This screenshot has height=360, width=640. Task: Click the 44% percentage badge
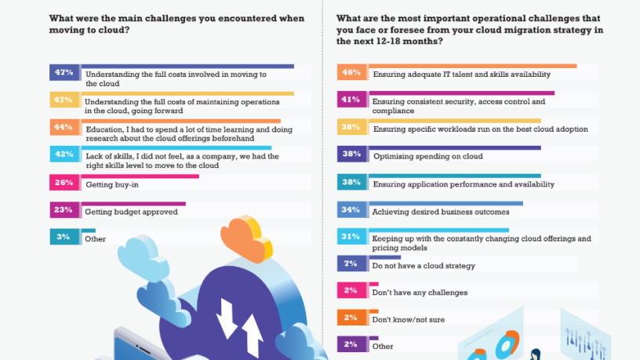click(x=63, y=126)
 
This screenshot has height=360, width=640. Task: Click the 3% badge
click(x=63, y=236)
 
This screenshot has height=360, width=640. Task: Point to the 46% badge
click(x=351, y=72)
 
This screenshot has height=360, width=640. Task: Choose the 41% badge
click(x=351, y=100)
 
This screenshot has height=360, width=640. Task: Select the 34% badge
click(x=351, y=209)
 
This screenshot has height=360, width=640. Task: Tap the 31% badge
click(x=351, y=236)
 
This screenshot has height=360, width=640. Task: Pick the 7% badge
click(x=351, y=264)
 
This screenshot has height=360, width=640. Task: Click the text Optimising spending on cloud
click(x=427, y=156)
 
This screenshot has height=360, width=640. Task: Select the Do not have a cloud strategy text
click(x=424, y=266)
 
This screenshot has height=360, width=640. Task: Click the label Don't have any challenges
click(x=420, y=293)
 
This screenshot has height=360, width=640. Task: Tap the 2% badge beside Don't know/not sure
click(x=351, y=318)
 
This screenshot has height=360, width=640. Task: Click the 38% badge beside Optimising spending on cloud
click(x=351, y=155)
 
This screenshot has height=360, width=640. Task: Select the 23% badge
click(x=63, y=209)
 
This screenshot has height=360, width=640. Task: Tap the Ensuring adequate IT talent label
click(x=461, y=75)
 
